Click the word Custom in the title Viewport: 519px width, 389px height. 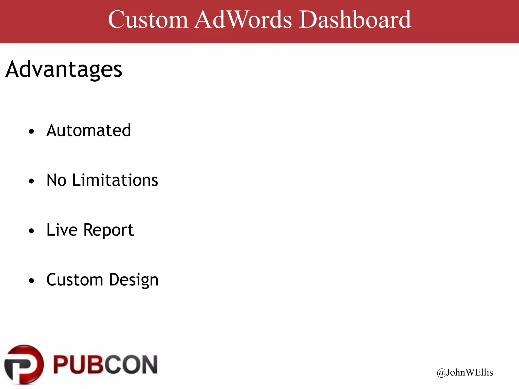point(148,20)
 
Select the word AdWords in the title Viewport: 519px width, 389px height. point(243,20)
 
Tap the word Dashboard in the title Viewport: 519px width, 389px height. point(355,20)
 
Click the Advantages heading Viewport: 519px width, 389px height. point(64,69)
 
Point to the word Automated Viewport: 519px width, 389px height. point(89,131)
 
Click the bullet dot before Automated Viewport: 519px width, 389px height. point(31,131)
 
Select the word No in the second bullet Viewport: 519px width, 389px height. point(56,180)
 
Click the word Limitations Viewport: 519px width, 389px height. point(115,180)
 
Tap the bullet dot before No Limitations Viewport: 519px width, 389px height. point(31,181)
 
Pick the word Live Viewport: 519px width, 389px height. point(62,230)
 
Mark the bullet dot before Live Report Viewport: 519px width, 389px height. point(31,231)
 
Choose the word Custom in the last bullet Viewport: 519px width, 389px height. point(75,280)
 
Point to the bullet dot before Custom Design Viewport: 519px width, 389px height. point(31,281)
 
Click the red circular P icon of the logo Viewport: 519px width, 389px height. point(24,365)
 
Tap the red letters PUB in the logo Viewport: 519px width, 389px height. point(77,365)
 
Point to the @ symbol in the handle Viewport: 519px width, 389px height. point(441,373)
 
